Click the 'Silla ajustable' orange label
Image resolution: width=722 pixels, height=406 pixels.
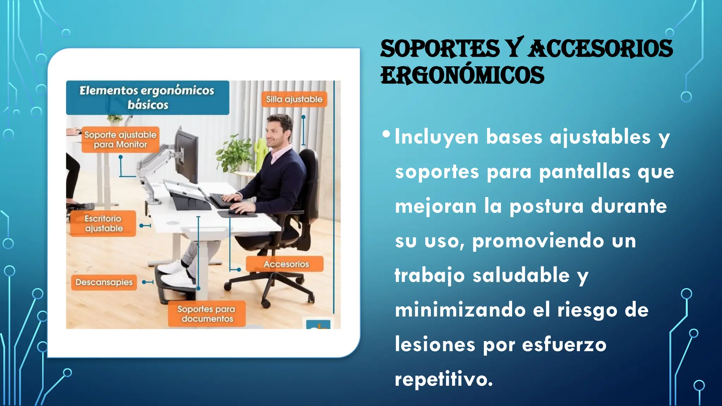point(294,99)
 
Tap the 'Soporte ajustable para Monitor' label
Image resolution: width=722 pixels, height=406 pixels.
point(120,140)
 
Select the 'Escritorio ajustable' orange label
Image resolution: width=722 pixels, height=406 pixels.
point(103,223)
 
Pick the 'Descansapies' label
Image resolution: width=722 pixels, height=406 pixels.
point(104,282)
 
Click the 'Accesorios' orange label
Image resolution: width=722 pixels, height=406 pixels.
point(286,264)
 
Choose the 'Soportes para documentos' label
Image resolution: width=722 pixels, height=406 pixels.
point(207,314)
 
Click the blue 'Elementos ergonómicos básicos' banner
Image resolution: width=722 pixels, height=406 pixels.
point(147,98)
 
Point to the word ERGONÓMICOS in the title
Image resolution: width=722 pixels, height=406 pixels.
point(462,75)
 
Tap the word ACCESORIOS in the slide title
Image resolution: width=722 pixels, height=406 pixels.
point(600,49)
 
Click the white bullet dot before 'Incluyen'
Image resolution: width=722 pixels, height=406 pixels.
point(386,134)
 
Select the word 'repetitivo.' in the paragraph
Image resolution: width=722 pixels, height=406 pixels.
point(443,380)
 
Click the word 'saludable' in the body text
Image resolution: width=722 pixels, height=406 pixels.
point(521,275)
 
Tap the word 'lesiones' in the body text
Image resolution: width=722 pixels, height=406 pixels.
point(435,344)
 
